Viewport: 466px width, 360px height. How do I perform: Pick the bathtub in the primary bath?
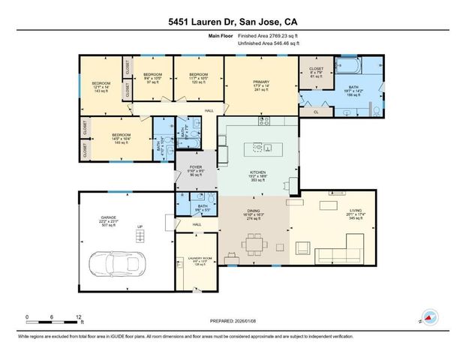coord(351,67)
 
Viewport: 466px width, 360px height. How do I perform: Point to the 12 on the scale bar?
coord(78,316)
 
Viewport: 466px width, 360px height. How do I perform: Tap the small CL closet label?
coord(316,112)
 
